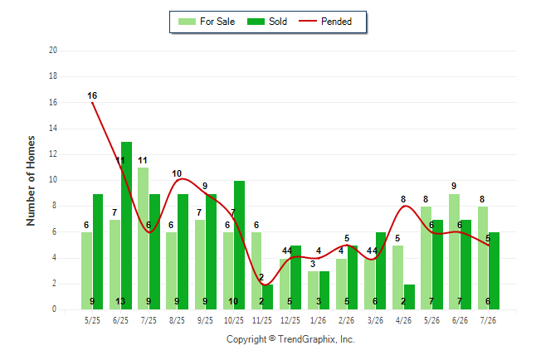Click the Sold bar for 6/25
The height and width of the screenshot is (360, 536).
pyautogui.click(x=126, y=226)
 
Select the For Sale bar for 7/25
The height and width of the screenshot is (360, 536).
pyautogui.click(x=144, y=238)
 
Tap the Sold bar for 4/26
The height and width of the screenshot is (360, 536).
pyautogui.click(x=409, y=297)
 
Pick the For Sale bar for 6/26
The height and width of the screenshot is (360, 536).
pyautogui.click(x=455, y=251)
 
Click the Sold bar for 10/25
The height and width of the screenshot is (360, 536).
pyautogui.click(x=239, y=246)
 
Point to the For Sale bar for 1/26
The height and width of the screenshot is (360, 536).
pyautogui.click(x=313, y=290)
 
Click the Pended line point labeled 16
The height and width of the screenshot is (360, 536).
pyautogui.click(x=92, y=103)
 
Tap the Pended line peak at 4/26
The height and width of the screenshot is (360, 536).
pyautogui.click(x=405, y=206)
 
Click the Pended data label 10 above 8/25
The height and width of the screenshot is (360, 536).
pyautogui.click(x=177, y=173)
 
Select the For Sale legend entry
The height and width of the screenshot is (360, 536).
pyautogui.click(x=207, y=22)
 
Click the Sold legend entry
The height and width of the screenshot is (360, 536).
pyautogui.click(x=267, y=22)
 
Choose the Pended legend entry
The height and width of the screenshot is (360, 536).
pyautogui.click(x=325, y=22)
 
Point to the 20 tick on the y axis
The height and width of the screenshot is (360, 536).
pyautogui.click(x=53, y=51)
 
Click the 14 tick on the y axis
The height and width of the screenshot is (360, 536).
pyautogui.click(x=53, y=129)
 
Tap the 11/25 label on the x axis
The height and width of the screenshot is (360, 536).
pyautogui.click(x=262, y=320)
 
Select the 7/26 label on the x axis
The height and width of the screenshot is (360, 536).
pyautogui.click(x=488, y=320)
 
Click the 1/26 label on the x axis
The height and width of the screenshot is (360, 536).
pyautogui.click(x=319, y=320)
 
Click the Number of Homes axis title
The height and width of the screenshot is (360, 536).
pyautogui.click(x=31, y=181)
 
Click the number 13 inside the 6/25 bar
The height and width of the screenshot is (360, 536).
pyautogui.click(x=120, y=301)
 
